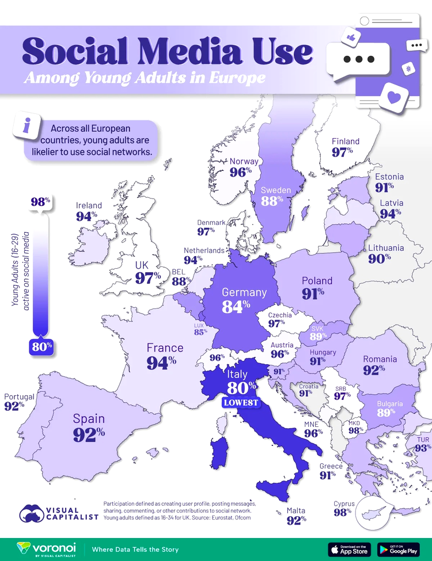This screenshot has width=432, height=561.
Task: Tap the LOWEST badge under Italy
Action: pyautogui.click(x=240, y=402)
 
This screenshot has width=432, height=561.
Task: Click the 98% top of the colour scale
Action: pyautogui.click(x=41, y=202)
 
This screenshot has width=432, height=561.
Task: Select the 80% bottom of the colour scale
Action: pyautogui.click(x=41, y=347)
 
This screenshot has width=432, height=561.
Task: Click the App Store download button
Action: pyautogui.click(x=349, y=550)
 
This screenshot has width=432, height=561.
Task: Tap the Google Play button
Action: pyautogui.click(x=399, y=550)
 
